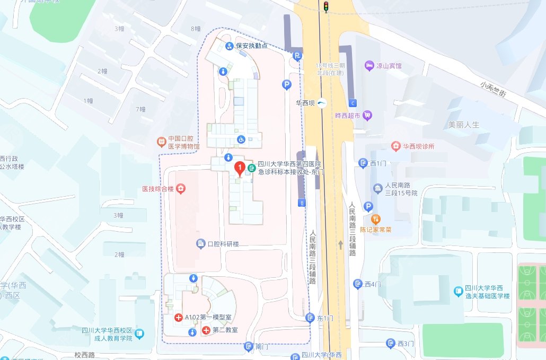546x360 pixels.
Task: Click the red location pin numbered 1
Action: click(240, 169)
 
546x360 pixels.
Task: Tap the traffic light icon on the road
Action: click(326, 6)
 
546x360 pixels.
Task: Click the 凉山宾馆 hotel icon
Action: click(369, 66)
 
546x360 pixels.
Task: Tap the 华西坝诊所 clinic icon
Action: click(395, 146)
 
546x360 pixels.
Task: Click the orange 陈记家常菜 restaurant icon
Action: click(376, 219)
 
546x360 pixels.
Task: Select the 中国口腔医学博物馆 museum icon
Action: click(161, 142)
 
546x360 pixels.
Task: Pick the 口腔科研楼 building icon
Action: click(201, 244)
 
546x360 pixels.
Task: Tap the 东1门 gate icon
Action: click(310, 318)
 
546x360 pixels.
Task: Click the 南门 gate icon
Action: click(248, 347)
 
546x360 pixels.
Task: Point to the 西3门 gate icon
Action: click(391, 344)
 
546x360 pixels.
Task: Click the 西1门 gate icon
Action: click(363, 163)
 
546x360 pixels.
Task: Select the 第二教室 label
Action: click(225, 330)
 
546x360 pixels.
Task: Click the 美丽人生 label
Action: click(463, 125)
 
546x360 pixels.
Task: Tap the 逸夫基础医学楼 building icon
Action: click(459, 291)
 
